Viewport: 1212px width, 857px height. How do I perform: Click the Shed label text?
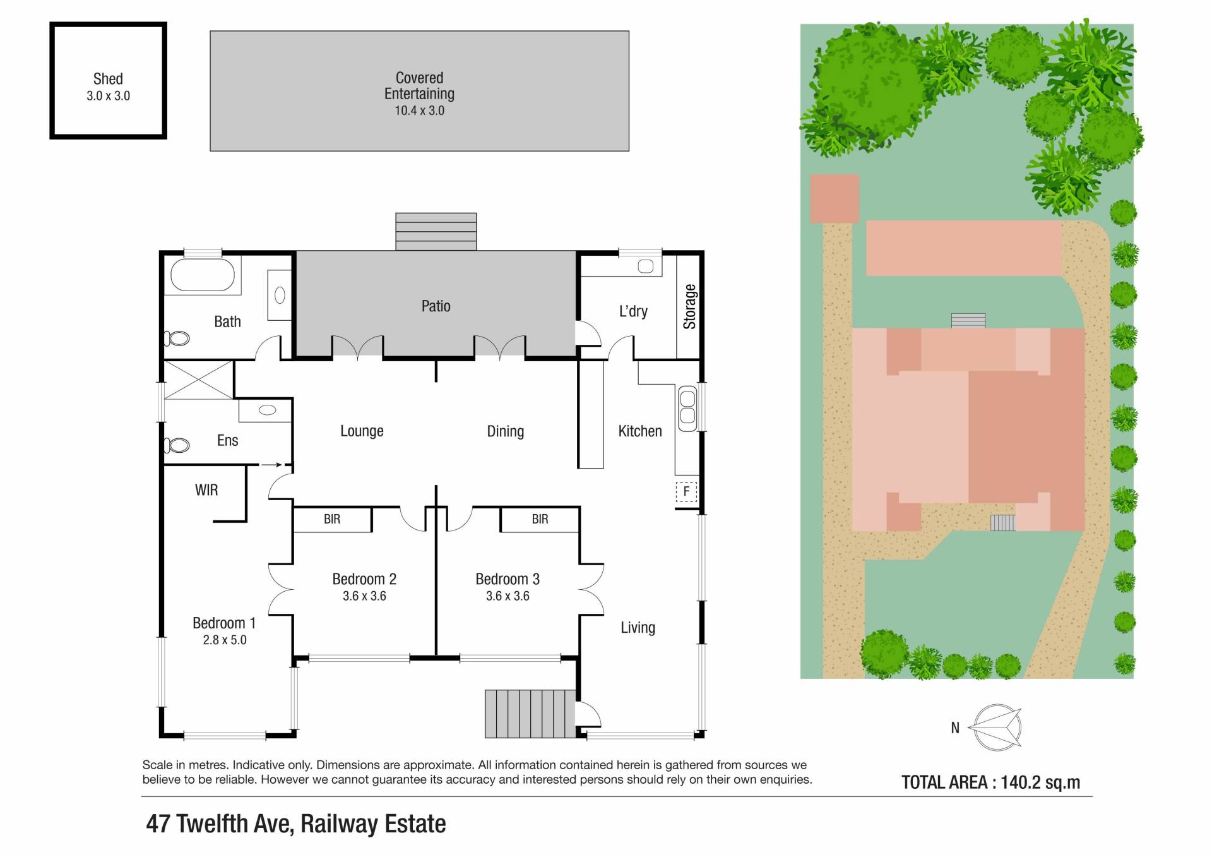point(108,79)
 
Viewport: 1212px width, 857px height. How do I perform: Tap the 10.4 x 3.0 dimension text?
point(419,111)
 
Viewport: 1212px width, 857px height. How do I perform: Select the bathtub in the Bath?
point(203,274)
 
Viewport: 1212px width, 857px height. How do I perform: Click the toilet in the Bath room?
point(177,339)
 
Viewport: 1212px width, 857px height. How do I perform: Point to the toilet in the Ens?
point(177,445)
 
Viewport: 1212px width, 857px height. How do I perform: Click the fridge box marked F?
point(686,491)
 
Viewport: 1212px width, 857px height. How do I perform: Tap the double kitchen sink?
point(687,408)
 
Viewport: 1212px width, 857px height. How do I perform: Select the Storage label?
point(689,307)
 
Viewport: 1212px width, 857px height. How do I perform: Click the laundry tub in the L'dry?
point(645,267)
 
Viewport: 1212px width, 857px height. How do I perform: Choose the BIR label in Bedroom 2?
point(332,519)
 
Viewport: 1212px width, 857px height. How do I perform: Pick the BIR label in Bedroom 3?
point(540,519)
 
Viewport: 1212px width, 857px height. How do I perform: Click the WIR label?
point(206,490)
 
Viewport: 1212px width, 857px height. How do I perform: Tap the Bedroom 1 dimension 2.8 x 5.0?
point(225,640)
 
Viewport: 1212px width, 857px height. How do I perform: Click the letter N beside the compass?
point(955,728)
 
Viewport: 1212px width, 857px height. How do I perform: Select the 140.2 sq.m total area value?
point(1040,782)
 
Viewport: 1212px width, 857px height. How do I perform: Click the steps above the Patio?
point(436,231)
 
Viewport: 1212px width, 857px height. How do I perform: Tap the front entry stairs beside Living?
point(530,714)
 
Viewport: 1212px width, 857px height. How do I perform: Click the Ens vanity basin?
point(267,410)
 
